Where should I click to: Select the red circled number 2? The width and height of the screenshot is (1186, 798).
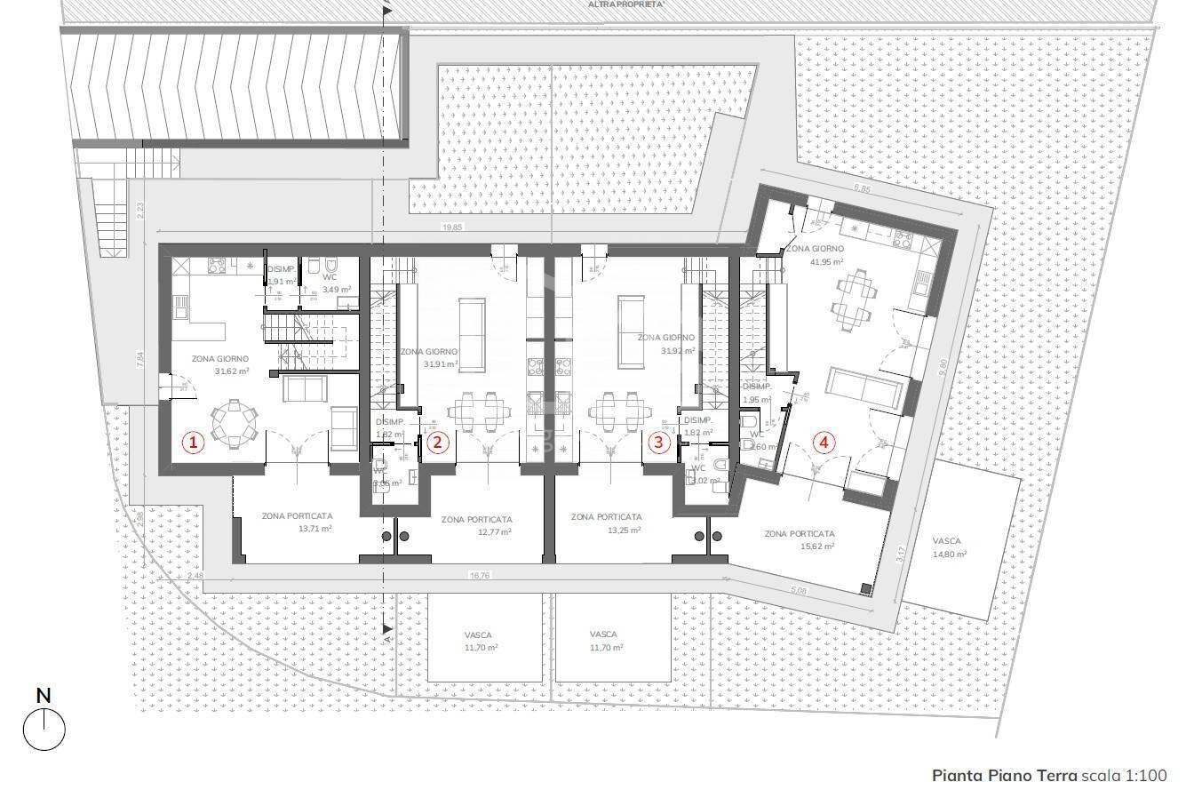(x=437, y=442)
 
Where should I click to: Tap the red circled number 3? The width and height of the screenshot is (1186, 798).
(x=658, y=442)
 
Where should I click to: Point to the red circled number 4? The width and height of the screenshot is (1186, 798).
(x=826, y=442)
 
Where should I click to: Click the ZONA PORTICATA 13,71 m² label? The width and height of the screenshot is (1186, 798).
(x=297, y=522)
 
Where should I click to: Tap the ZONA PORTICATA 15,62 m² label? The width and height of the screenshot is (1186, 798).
(x=800, y=539)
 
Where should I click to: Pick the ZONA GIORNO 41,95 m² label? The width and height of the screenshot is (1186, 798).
(x=815, y=256)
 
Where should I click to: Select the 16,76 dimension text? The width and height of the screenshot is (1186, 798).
(x=480, y=575)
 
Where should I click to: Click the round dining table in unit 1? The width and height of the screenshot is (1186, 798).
(x=234, y=424)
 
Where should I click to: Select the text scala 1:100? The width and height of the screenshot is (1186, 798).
(x=1124, y=776)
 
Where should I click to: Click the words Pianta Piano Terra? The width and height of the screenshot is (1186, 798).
(x=1004, y=776)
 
